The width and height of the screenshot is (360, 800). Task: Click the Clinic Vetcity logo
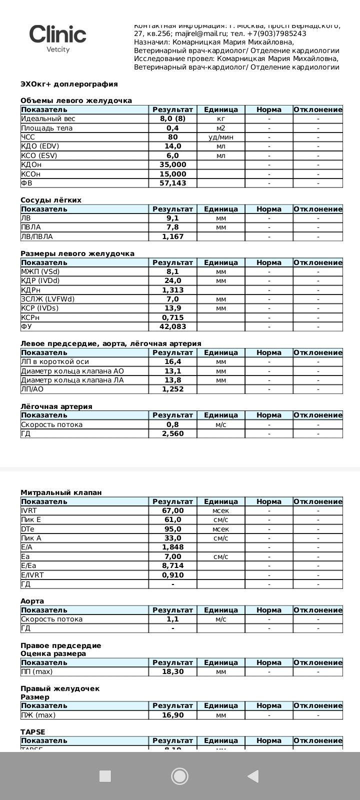(x=57, y=38)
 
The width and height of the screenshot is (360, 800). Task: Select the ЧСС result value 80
(x=172, y=137)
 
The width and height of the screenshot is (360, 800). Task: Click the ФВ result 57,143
(x=172, y=183)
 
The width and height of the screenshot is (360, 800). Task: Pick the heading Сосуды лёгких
(x=51, y=200)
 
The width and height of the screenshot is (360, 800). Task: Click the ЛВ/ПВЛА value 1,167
(x=172, y=236)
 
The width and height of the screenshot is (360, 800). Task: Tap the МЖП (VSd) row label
(x=40, y=271)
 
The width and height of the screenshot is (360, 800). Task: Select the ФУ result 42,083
(x=172, y=326)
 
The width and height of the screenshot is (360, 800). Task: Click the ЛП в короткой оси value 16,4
(x=172, y=361)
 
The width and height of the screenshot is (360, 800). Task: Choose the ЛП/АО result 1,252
(x=172, y=389)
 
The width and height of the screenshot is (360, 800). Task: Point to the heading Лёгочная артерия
(x=56, y=406)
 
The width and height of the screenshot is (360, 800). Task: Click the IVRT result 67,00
(x=172, y=510)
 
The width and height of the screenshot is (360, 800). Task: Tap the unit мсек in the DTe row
(x=220, y=529)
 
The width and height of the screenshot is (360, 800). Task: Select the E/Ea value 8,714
(x=172, y=565)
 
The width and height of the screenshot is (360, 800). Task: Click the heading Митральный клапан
(x=61, y=492)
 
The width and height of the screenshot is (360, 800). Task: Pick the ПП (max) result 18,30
(x=172, y=671)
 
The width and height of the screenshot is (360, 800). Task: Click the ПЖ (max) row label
(x=38, y=715)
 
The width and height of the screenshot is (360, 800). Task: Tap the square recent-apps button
(x=105, y=776)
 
